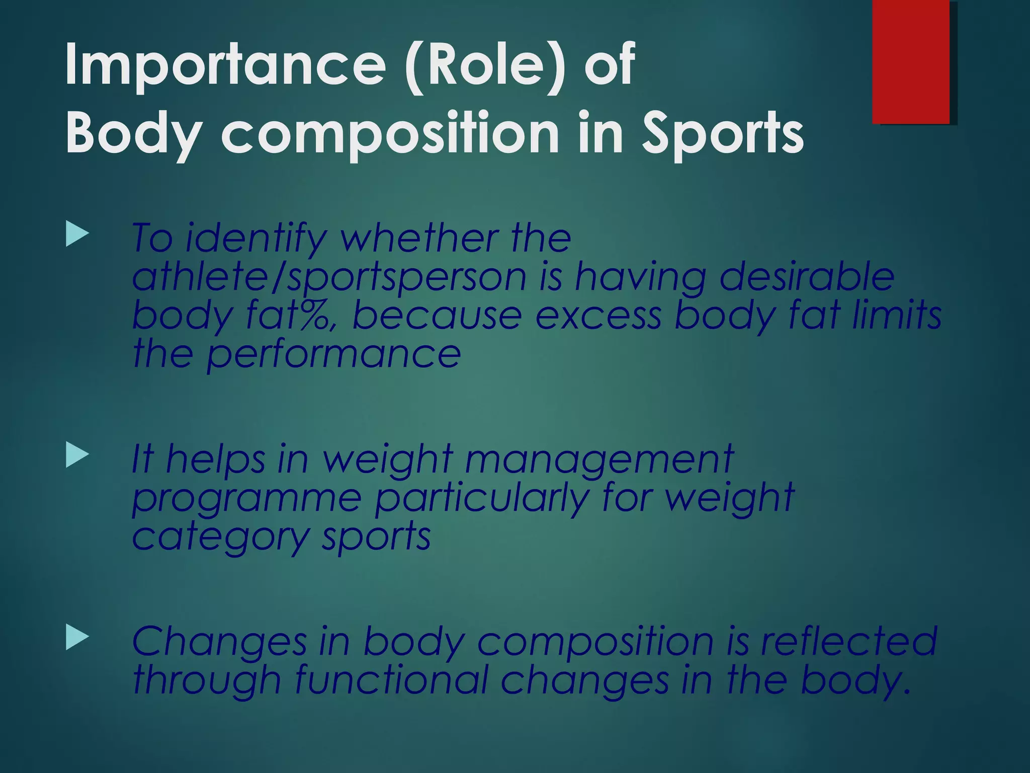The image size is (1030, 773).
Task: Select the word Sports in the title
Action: (722, 134)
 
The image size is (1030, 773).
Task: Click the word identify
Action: (256, 239)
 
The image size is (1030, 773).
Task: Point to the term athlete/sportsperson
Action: (329, 278)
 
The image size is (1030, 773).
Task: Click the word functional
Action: (391, 680)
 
